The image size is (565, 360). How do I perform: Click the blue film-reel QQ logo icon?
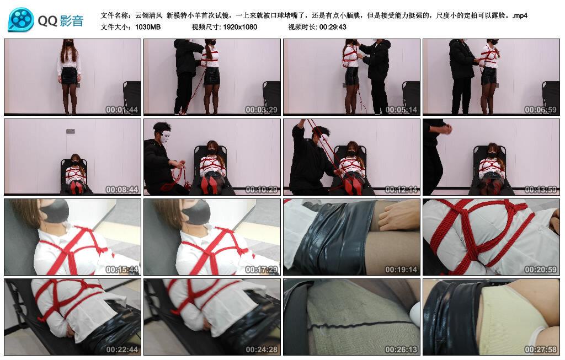(x=21, y=20)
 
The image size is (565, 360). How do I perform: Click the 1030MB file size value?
(x=148, y=26)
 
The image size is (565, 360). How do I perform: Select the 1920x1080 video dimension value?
(x=240, y=26)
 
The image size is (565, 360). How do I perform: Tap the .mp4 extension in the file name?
(x=519, y=15)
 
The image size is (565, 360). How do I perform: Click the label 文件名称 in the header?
(x=115, y=15)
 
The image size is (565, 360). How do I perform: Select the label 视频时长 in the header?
(x=301, y=26)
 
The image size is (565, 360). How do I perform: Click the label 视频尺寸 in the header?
(x=205, y=26)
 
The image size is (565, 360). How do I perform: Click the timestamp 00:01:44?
(x=122, y=110)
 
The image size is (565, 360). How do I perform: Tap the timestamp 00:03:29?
(x=262, y=110)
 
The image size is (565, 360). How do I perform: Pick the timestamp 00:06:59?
(x=541, y=110)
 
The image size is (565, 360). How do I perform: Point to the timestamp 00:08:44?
(x=122, y=190)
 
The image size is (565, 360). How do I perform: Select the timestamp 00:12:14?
(x=402, y=190)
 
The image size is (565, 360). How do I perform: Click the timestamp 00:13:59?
(x=541, y=190)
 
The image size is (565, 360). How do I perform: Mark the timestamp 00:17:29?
(x=262, y=270)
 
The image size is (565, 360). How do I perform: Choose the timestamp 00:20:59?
(x=541, y=270)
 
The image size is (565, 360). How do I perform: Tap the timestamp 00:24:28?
(x=262, y=350)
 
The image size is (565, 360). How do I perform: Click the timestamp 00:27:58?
(x=541, y=350)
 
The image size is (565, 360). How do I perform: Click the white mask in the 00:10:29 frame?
(x=164, y=134)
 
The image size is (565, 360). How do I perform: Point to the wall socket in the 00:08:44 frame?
(x=71, y=131)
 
